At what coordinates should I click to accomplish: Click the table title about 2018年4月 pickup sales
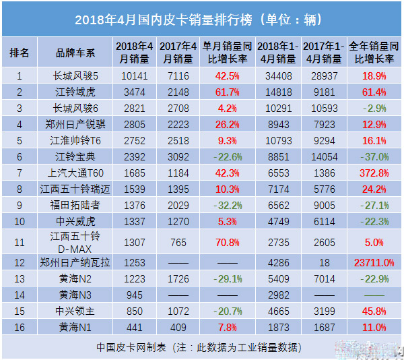[202, 18]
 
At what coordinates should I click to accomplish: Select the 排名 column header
[20, 52]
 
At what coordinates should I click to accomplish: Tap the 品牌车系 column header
[75, 52]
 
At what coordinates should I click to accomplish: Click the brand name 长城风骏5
[75, 76]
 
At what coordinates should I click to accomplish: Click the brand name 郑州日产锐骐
[75, 124]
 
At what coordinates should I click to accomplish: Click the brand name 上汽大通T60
[75, 173]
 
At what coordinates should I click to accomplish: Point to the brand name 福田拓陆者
[75, 205]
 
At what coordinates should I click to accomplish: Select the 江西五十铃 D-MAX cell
[75, 242]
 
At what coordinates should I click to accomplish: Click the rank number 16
[20, 328]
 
